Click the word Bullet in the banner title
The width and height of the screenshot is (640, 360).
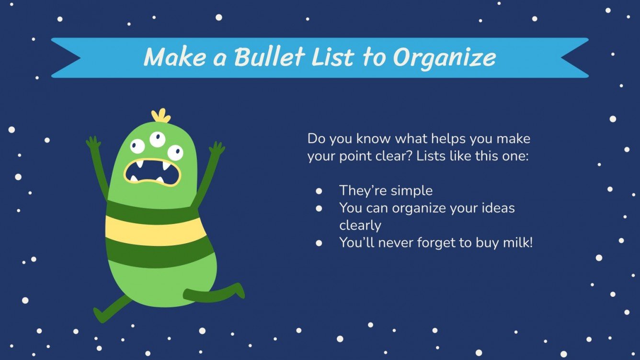point(269,56)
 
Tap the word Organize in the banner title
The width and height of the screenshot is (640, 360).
point(444,58)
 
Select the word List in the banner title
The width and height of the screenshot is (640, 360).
point(333,56)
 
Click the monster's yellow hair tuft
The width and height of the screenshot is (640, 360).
point(161,115)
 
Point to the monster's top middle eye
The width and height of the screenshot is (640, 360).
point(158,139)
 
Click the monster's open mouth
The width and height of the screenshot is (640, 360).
point(152,172)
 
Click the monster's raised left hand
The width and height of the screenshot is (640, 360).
point(93,143)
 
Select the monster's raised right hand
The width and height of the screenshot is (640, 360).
point(217,148)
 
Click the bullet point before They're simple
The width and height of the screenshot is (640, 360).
point(319,191)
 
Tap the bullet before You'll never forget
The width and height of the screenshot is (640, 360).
point(319,243)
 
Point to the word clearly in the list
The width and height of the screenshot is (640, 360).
point(360,225)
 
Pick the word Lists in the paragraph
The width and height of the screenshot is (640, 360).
point(431,156)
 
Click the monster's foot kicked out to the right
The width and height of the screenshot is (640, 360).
point(239,290)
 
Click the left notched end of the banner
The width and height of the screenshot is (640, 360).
point(66,57)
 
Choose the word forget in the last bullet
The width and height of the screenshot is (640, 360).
point(436,243)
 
